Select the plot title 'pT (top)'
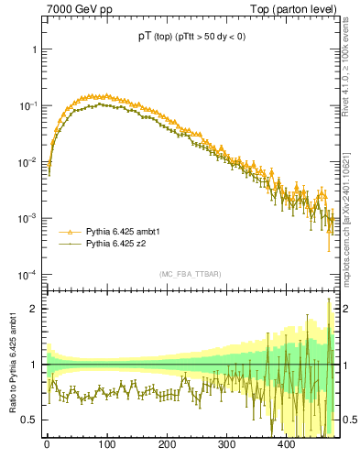tap(152, 37)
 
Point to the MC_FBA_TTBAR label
tap(190, 275)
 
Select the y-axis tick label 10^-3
tap(27, 219)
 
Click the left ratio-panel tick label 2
tap(35, 309)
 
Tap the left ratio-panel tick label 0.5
tap(29, 420)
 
